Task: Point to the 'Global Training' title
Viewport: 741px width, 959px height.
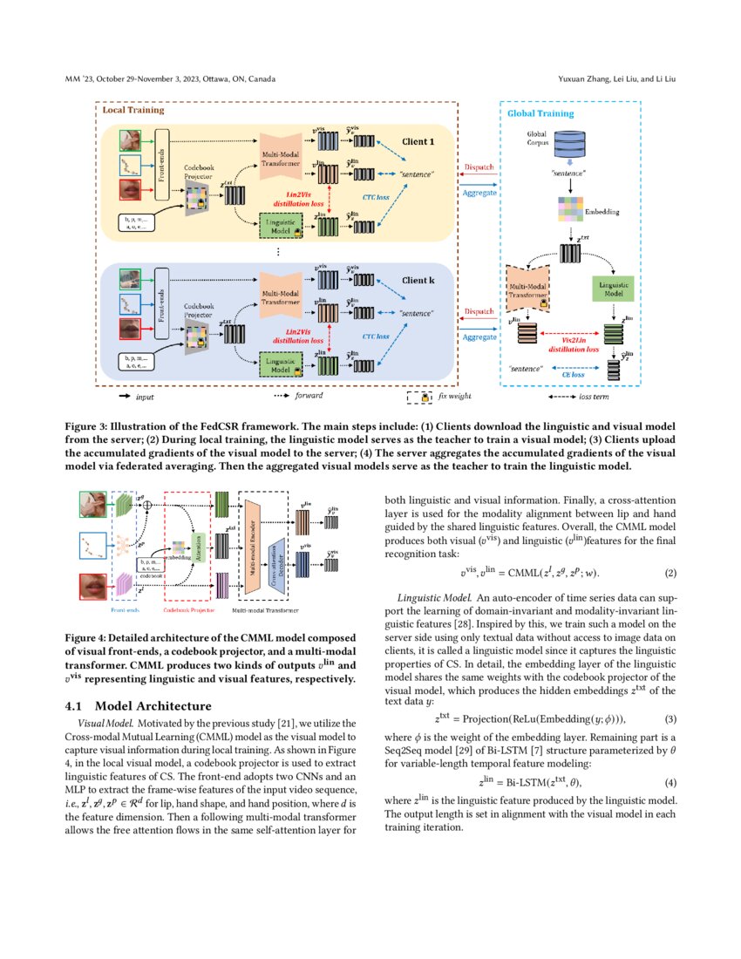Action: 540,113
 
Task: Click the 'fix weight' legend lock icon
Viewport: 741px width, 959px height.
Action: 426,397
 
